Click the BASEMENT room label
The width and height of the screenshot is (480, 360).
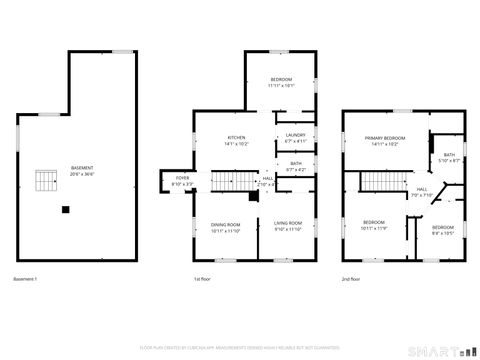tap(82, 167)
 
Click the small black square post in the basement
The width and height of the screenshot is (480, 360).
tap(66, 209)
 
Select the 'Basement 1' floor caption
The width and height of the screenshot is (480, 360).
tap(25, 278)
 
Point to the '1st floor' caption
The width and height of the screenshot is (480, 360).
tap(202, 278)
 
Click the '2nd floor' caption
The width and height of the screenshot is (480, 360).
tap(351, 278)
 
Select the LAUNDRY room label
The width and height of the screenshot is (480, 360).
tap(295, 134)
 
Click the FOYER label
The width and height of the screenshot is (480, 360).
tap(182, 180)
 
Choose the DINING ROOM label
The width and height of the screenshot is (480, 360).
tap(226, 225)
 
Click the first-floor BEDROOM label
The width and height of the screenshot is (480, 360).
tap(281, 79)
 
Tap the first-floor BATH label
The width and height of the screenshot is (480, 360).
tap(296, 163)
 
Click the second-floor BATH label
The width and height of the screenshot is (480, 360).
tap(449, 154)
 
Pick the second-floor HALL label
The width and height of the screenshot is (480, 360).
tap(422, 188)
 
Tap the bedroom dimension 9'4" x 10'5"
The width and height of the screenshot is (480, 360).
tap(442, 233)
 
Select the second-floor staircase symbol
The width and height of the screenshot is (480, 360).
tap(379, 181)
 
